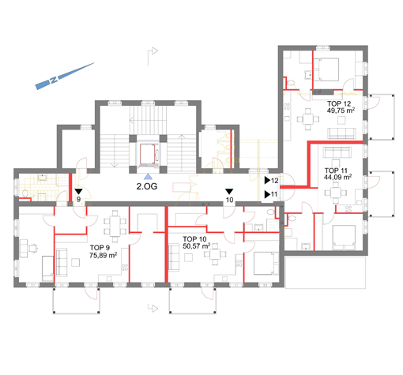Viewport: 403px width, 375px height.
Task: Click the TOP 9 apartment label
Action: (x=100, y=248)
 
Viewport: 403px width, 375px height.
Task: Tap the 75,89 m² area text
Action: (x=103, y=255)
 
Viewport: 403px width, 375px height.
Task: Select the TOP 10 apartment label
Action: (x=194, y=239)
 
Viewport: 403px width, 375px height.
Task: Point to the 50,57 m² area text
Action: (x=196, y=246)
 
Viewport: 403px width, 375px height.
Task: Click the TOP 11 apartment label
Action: (x=336, y=171)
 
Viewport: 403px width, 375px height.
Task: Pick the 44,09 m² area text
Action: (x=337, y=177)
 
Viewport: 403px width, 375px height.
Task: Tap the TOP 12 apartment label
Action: (x=339, y=103)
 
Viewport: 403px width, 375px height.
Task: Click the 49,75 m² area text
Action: (x=341, y=111)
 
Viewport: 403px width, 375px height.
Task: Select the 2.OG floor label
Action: (x=147, y=186)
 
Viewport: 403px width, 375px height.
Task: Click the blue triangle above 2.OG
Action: (x=149, y=177)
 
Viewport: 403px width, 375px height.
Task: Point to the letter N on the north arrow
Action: (x=54, y=80)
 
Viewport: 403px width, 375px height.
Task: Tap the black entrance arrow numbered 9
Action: (x=78, y=191)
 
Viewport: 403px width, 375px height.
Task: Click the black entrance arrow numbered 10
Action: (x=229, y=191)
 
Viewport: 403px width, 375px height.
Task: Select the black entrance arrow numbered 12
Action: (x=267, y=180)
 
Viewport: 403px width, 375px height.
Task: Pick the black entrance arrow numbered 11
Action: (x=267, y=194)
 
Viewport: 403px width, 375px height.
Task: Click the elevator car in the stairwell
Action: (x=148, y=154)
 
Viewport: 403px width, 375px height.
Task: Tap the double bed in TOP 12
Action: (x=326, y=69)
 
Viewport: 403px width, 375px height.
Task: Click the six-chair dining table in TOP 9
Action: (x=115, y=226)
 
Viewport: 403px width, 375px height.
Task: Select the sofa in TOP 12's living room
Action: (x=341, y=133)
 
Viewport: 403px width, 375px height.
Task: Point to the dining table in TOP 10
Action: (x=215, y=254)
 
